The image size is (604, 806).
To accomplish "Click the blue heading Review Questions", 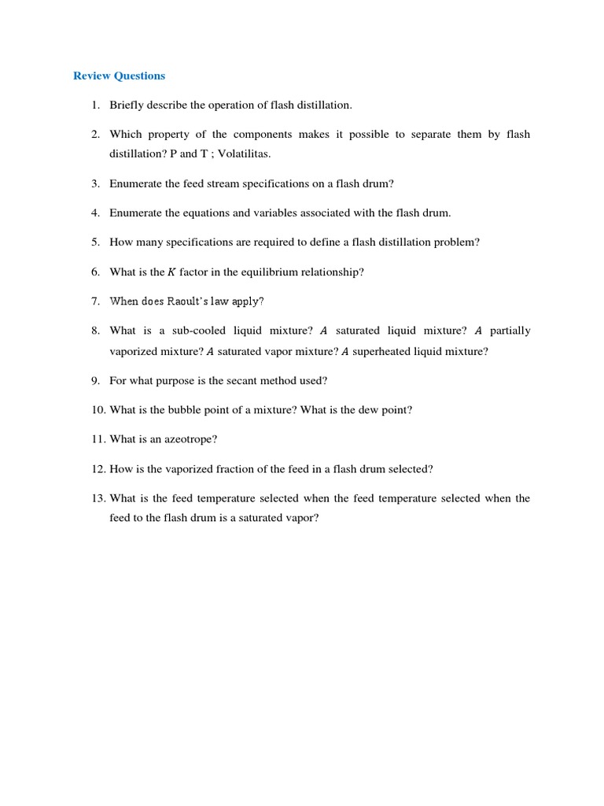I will (119, 76).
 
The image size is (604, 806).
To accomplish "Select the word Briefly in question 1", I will (127, 105).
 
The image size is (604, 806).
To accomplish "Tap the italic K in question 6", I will (171, 272).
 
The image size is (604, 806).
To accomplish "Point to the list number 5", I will (95, 242).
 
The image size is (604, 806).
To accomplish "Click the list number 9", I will (95, 380).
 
